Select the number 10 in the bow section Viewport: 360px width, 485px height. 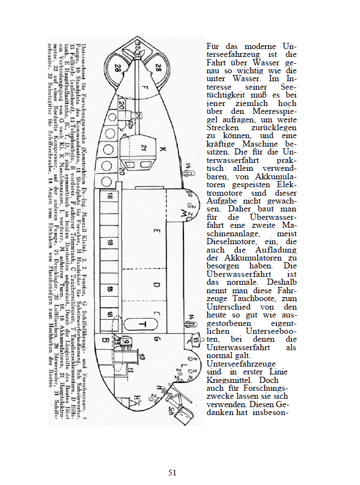pos(143,356)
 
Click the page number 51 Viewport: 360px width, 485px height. pos(173,472)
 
